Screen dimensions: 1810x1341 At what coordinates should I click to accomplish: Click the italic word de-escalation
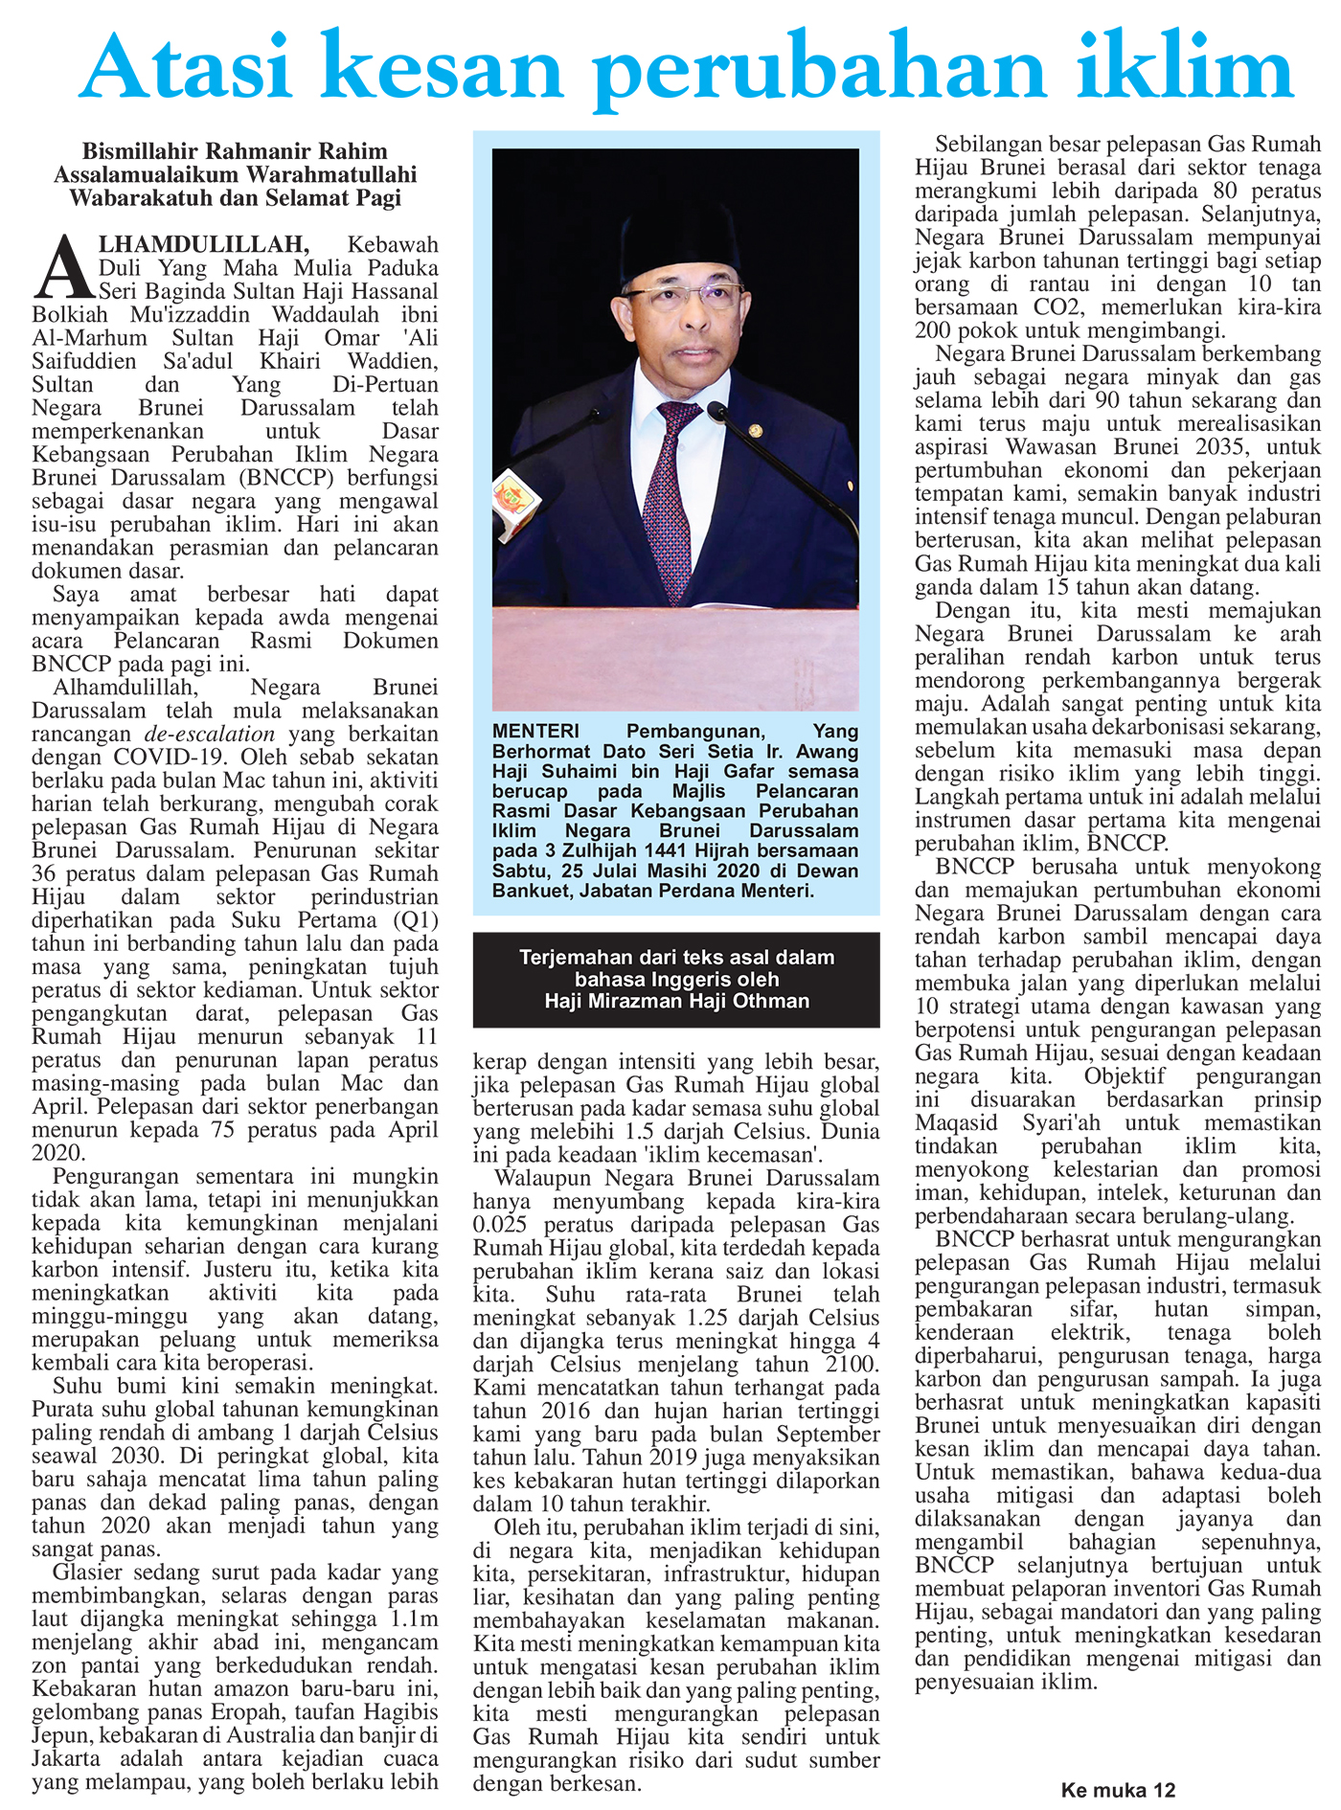pos(210,735)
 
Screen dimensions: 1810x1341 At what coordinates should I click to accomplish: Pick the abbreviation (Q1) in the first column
pos(415,920)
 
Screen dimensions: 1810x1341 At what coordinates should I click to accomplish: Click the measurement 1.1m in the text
pos(414,1619)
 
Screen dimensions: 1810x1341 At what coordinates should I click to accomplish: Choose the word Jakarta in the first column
pos(66,1759)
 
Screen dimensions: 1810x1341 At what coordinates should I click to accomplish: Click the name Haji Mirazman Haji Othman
pos(676,1001)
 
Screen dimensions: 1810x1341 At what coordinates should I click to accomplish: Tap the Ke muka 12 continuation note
pos(1117,1790)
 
